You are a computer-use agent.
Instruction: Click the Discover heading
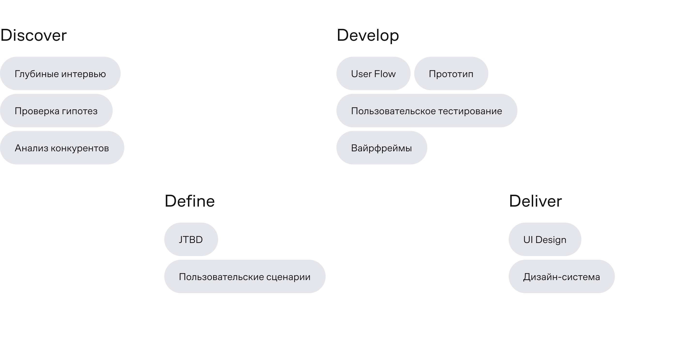[x=34, y=35]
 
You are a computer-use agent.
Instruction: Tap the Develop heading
[x=368, y=36]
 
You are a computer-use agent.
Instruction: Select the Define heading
[x=189, y=201]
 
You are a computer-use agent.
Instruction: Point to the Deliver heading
[x=535, y=201]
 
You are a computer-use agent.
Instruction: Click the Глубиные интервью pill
[x=60, y=73]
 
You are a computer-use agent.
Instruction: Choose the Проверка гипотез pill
[x=56, y=111]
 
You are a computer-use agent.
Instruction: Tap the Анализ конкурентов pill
[x=62, y=148]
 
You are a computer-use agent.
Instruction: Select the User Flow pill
[x=373, y=73]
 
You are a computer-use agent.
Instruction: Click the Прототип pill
[x=451, y=73]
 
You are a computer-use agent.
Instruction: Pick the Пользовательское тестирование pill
[x=427, y=111]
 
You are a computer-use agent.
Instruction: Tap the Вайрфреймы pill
[x=382, y=148]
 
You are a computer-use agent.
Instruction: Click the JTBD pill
[x=191, y=239]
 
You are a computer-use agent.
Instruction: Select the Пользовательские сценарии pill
[x=245, y=276]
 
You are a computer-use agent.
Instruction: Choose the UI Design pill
[x=545, y=239]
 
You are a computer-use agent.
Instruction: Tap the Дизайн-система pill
[x=562, y=276]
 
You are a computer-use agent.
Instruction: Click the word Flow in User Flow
[x=385, y=74]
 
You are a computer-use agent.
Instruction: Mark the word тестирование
[x=470, y=111]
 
